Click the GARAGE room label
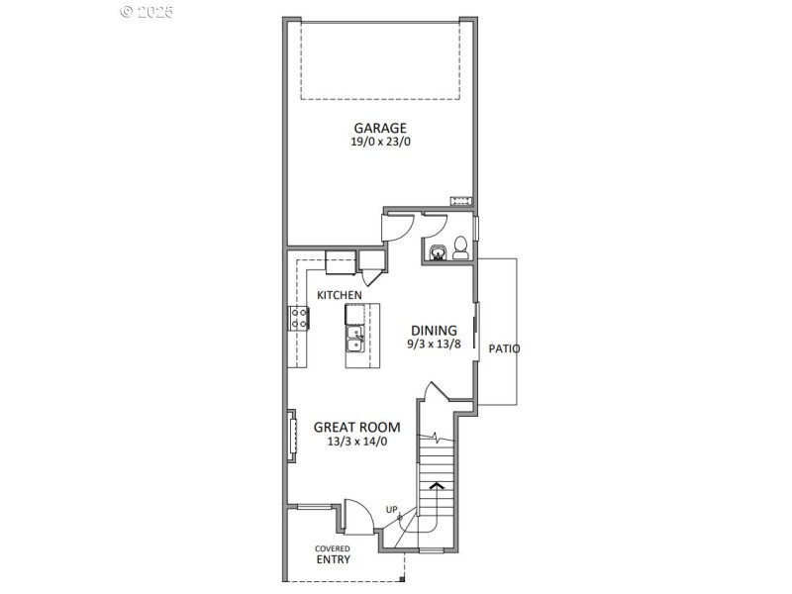380,128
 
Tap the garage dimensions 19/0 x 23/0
380,143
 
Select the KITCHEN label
339,295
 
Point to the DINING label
434,331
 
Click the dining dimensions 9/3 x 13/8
434,345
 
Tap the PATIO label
504,348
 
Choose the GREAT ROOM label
356,427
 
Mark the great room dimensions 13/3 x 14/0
356,442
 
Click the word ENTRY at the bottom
333,559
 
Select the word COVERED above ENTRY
333,547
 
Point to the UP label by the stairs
392,510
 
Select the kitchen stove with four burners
299,318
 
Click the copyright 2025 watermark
147,11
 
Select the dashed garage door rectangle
381,61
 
